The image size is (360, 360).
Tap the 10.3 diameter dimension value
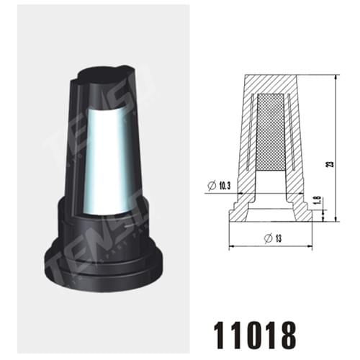[x=222, y=186]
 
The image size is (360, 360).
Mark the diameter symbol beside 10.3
[x=210, y=186]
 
